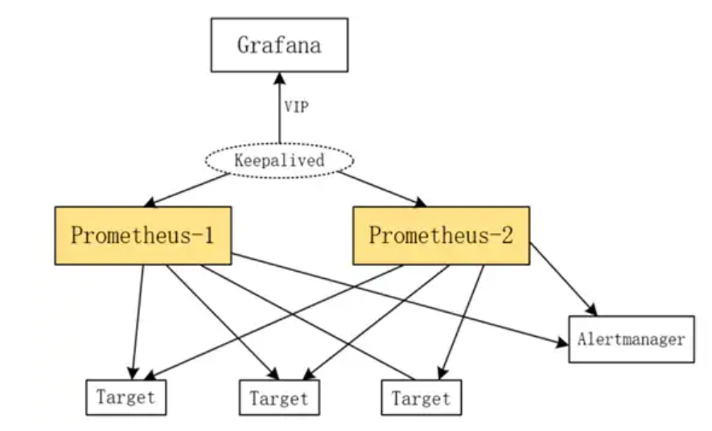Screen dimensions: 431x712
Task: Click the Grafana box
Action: [x=279, y=44]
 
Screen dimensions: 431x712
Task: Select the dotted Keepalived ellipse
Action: [x=279, y=160]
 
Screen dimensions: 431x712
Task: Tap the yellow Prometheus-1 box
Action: [x=143, y=236]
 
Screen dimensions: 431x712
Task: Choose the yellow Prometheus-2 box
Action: [x=441, y=236]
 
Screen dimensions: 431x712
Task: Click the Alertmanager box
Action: [x=631, y=339]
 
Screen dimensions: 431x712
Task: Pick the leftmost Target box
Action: [x=126, y=396]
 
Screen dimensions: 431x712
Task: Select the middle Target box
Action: [x=279, y=397]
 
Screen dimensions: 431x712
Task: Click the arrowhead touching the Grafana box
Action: [x=279, y=77]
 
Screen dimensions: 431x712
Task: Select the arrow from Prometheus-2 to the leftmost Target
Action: [x=274, y=321]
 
